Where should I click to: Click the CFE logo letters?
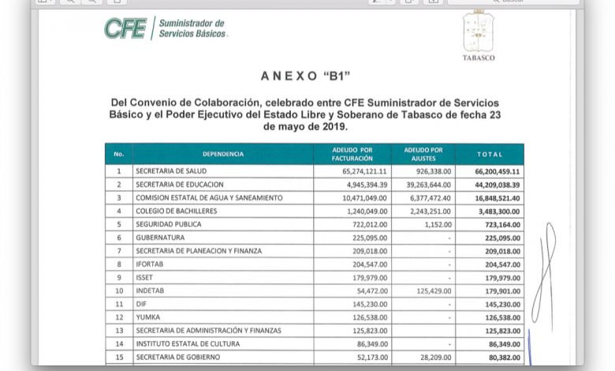(x=125, y=28)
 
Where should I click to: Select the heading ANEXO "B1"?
(x=304, y=77)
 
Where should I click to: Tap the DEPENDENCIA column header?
(x=223, y=154)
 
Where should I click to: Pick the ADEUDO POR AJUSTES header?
(x=423, y=154)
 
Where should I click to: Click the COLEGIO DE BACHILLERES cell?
(x=174, y=211)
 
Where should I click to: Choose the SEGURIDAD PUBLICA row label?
(x=168, y=224)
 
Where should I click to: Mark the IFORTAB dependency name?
(x=151, y=264)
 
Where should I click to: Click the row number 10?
(x=119, y=291)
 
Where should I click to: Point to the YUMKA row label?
(x=148, y=318)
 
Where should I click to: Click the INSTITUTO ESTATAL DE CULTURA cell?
(x=186, y=345)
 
